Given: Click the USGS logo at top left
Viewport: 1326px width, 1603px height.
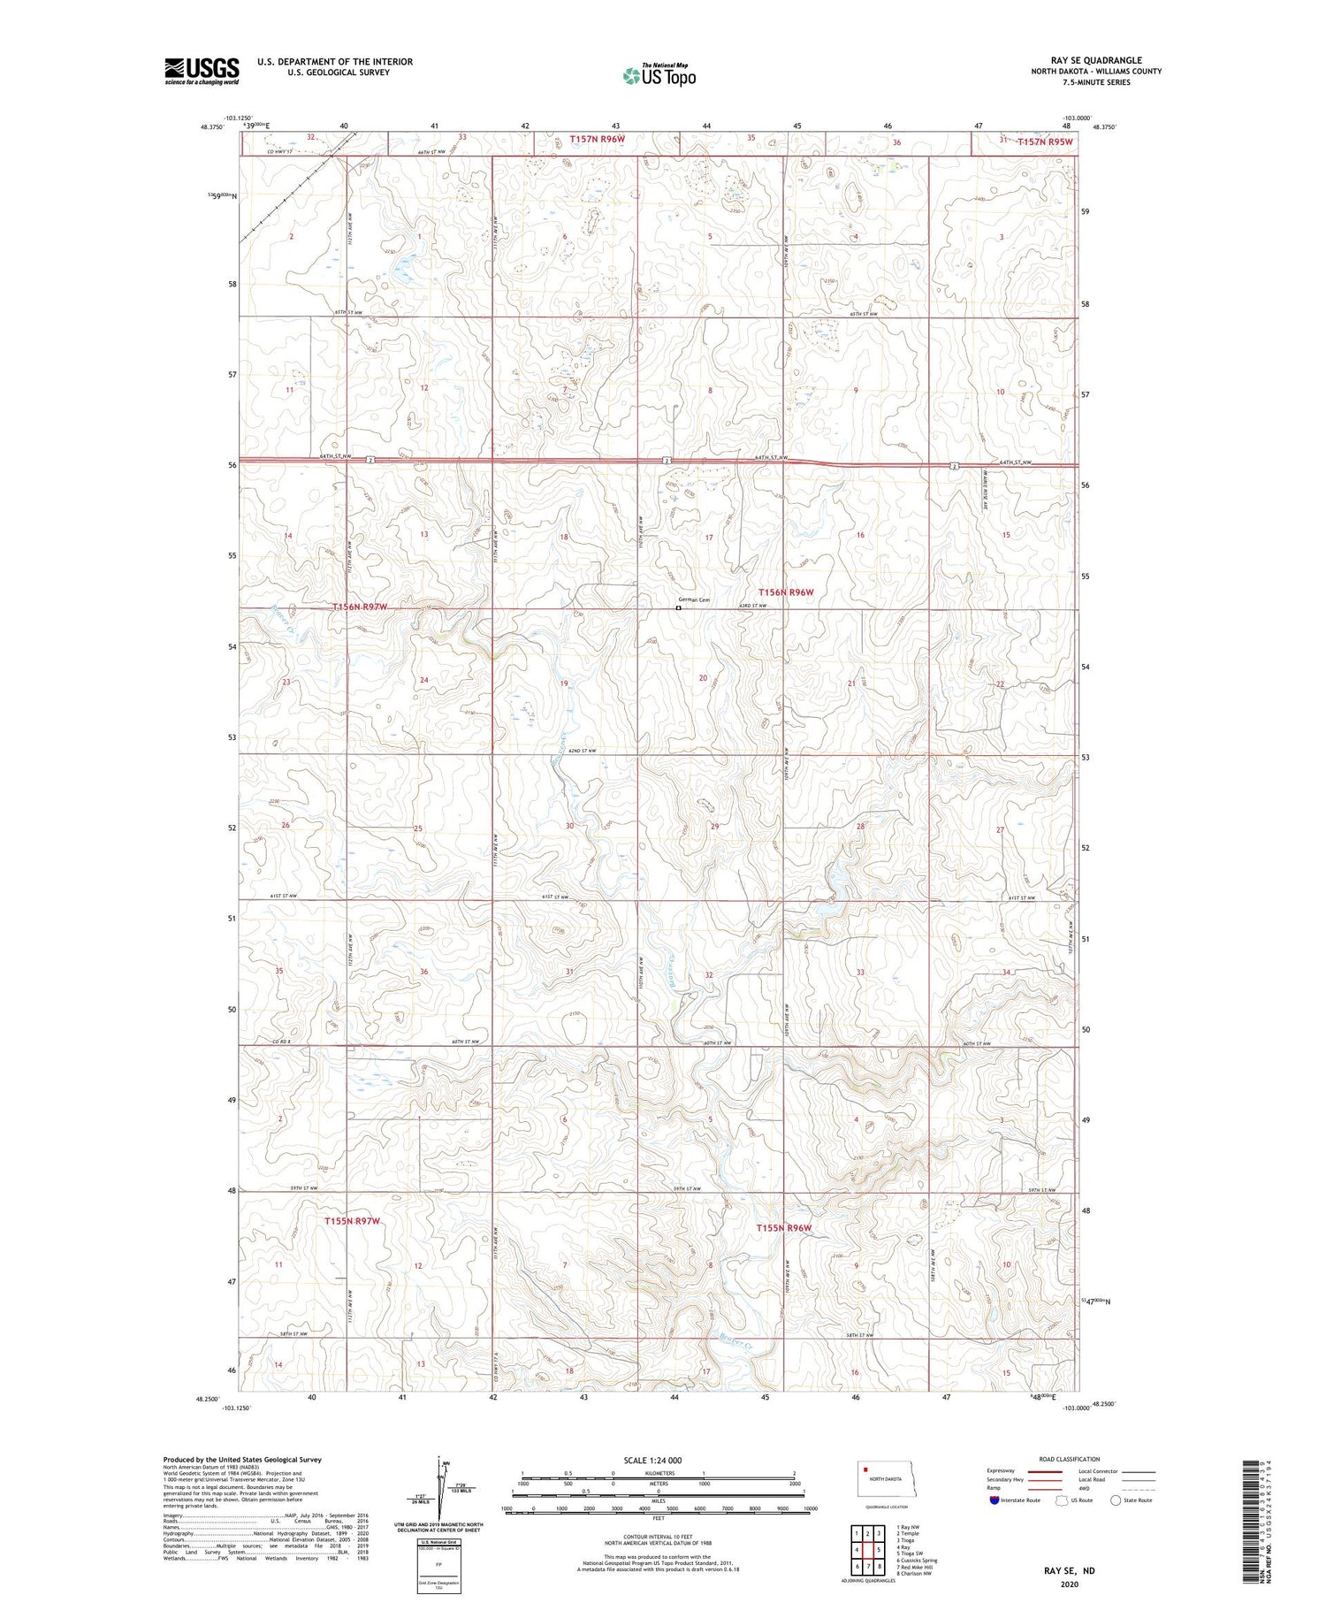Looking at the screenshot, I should [202, 71].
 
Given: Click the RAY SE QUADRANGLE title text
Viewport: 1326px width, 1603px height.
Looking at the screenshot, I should [1095, 60].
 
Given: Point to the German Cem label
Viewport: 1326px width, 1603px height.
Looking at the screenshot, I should [694, 600].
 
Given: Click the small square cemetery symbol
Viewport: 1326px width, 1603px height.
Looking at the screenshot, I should [678, 608].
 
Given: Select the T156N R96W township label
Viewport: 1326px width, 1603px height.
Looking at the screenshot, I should [785, 592].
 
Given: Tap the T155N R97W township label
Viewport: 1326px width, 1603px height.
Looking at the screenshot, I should [352, 1221].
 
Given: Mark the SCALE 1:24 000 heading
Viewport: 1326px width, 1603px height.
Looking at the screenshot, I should [652, 1461].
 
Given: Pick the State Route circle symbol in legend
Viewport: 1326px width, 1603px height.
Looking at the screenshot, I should [1116, 1500].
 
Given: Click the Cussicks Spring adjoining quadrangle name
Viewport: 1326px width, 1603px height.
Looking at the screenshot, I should [917, 1561].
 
